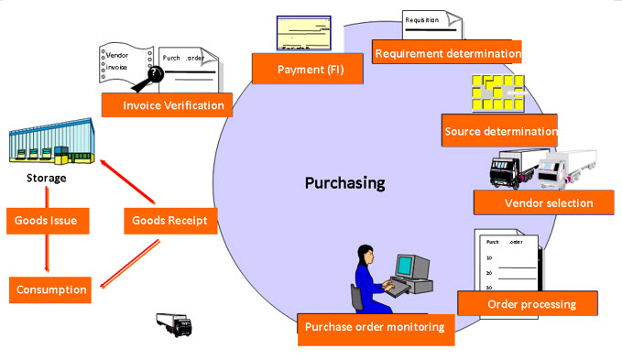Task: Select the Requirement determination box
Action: point(447,52)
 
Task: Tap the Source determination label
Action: point(499,130)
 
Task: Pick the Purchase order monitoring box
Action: point(374,327)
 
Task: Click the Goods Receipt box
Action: point(169,220)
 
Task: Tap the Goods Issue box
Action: point(45,220)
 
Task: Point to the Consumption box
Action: point(51,289)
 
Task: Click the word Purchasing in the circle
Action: point(344,183)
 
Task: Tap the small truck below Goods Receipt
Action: point(174,323)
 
